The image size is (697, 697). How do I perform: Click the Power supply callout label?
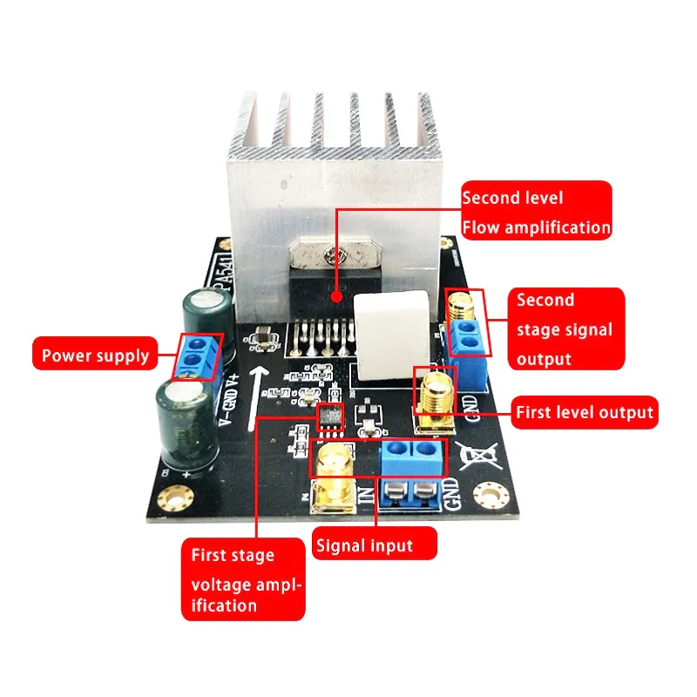97,355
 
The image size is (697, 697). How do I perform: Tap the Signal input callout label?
375,545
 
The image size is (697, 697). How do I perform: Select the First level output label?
584,412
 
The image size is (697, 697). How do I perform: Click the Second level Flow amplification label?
535,213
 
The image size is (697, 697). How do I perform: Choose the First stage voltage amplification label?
244,579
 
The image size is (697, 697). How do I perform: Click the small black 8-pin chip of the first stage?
329,418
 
